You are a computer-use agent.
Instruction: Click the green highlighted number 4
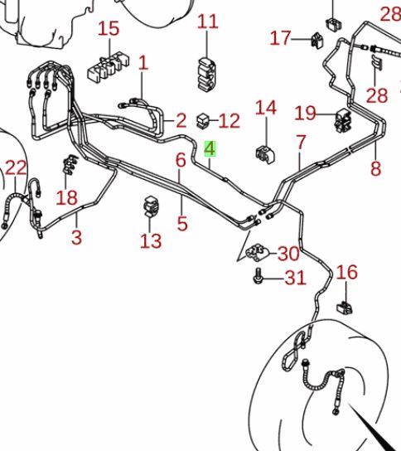[210, 149]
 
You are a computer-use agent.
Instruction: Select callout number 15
[109, 30]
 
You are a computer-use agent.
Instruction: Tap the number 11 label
[207, 22]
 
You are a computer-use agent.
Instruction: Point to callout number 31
[295, 279]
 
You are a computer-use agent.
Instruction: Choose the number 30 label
[287, 254]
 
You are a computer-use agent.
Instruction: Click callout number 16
[347, 272]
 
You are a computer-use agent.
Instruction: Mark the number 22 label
[16, 168]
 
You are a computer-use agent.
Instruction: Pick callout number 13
[150, 241]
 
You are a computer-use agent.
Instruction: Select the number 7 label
[301, 143]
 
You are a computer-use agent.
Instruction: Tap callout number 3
[76, 238]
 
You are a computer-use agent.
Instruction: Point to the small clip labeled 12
[202, 121]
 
